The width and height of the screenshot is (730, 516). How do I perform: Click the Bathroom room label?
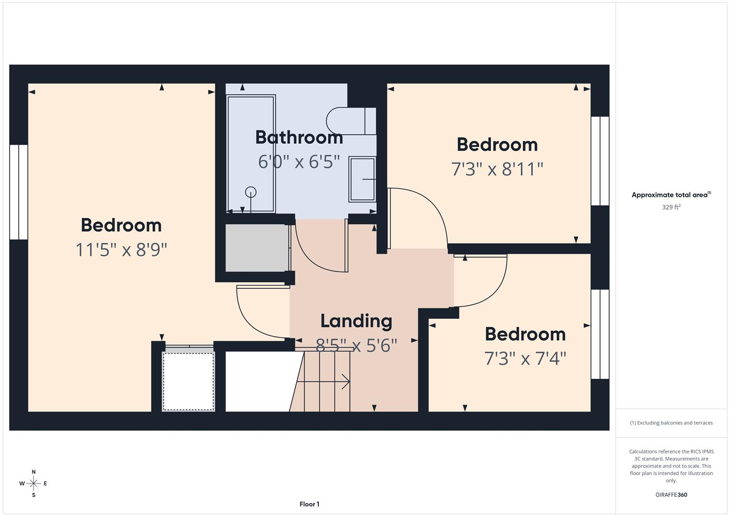pos(299,138)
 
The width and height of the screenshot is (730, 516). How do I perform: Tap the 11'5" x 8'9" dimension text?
pos(121,249)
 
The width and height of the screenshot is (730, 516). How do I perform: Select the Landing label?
pos(356,321)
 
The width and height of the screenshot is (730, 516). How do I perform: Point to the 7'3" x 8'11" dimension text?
pos(497,169)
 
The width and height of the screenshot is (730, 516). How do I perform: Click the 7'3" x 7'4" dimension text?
pos(525,358)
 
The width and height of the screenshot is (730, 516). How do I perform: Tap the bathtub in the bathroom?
pos(251,153)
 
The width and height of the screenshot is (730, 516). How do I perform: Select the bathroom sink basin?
pos(362,179)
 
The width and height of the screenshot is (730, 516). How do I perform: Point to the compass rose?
pos(33,484)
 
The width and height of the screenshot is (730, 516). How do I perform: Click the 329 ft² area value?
pos(671,207)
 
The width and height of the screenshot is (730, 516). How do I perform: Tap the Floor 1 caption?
pos(309,504)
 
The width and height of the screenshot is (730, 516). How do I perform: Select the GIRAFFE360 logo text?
pos(671,494)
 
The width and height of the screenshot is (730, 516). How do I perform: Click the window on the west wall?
pos(19,192)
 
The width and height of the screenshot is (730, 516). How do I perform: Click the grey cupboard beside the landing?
pos(257,247)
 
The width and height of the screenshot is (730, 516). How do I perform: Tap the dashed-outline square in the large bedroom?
pos(188,381)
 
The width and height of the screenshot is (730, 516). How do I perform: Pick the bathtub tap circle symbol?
pos(251,192)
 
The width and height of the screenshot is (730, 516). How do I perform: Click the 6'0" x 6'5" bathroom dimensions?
pos(299,162)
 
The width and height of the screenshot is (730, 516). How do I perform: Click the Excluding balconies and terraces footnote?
pos(671,423)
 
